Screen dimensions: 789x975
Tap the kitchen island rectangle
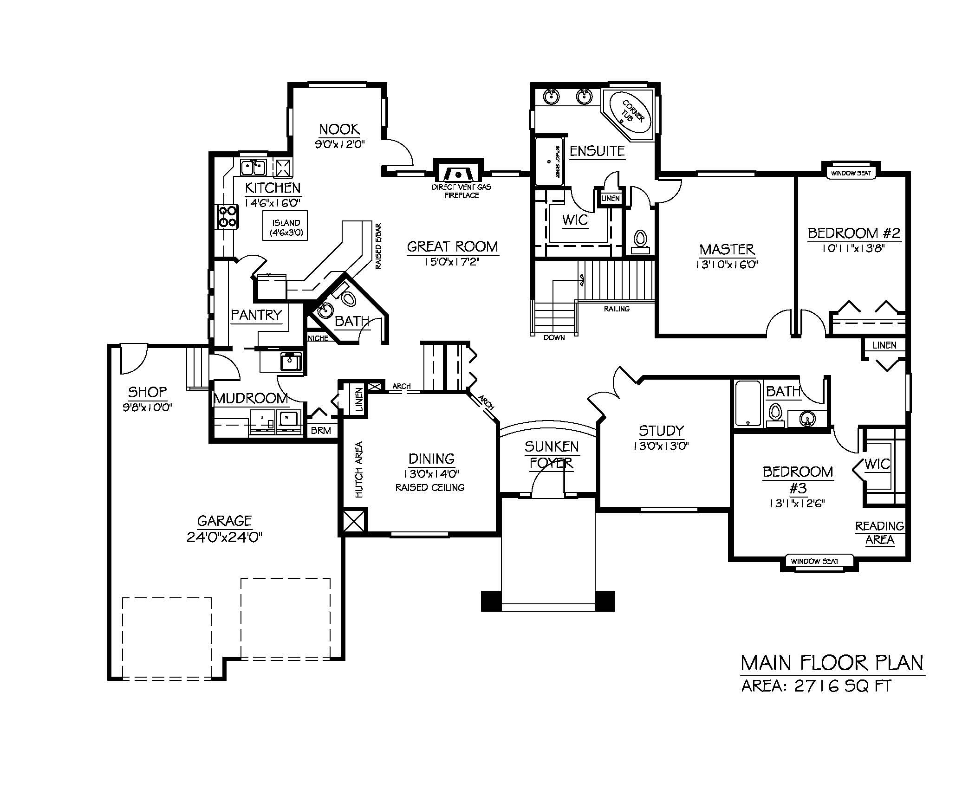coord(286,226)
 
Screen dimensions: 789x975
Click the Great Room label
coord(452,246)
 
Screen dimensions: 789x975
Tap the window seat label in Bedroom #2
coord(851,173)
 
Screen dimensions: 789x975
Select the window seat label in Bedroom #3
coord(815,561)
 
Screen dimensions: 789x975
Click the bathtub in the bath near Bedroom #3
coord(747,403)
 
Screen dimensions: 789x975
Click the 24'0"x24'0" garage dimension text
coord(225,537)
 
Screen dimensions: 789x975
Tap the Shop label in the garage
coord(147,392)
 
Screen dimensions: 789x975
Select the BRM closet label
coord(321,431)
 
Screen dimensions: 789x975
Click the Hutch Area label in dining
coord(359,470)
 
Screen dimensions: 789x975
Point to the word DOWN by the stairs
coord(554,337)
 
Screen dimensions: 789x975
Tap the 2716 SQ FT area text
coord(843,686)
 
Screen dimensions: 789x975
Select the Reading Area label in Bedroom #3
coord(879,533)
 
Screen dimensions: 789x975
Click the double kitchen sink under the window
coord(253,167)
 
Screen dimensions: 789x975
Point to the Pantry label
coord(256,315)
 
